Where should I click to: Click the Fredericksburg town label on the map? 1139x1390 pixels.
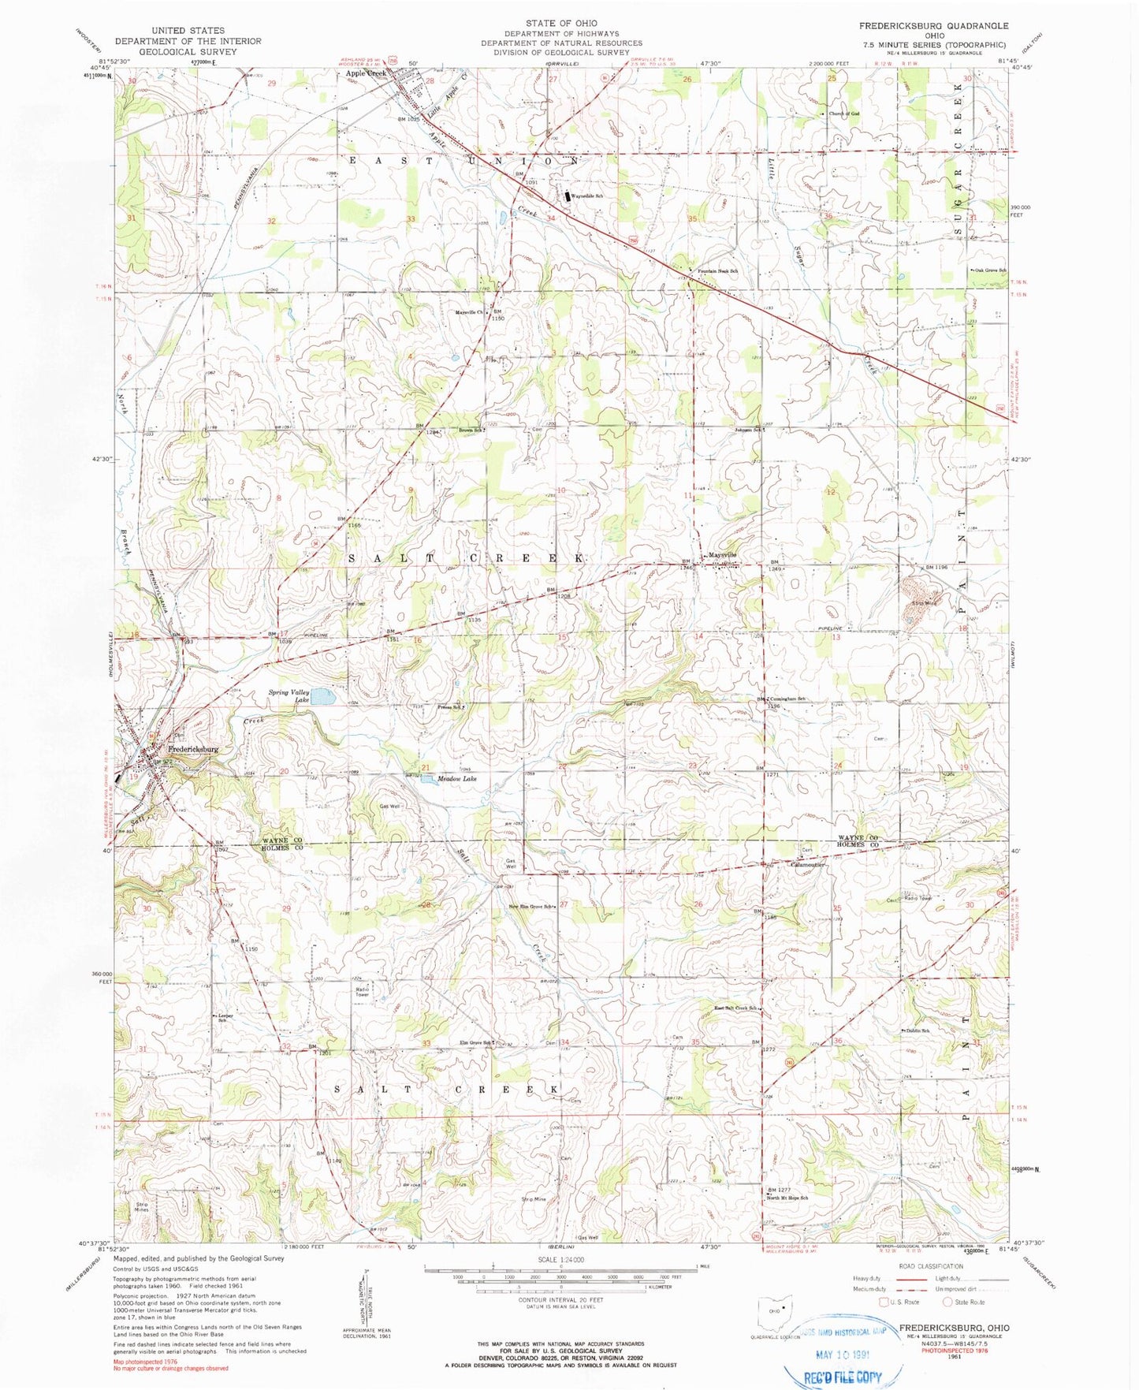[192, 749]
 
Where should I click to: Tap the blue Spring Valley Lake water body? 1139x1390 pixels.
[322, 696]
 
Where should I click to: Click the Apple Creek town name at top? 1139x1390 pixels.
[366, 73]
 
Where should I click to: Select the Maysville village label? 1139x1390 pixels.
[722, 555]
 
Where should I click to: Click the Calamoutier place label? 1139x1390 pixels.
[807, 864]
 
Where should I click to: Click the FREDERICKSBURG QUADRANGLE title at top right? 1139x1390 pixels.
[933, 26]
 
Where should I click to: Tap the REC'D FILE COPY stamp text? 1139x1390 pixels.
[843, 1377]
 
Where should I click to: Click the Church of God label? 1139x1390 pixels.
[843, 114]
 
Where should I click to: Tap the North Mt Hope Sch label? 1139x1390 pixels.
[787, 1198]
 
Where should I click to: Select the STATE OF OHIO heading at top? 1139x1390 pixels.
[561, 24]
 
